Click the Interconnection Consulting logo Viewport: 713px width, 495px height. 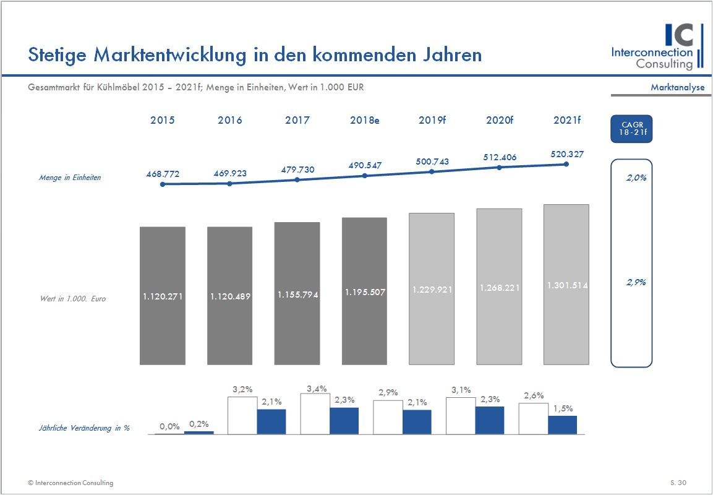[x=656, y=47]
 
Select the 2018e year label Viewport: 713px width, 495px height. [x=364, y=121]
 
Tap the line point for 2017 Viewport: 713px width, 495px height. [x=297, y=179]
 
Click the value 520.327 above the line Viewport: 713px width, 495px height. [x=566, y=154]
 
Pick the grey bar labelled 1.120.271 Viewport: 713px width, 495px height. [x=163, y=296]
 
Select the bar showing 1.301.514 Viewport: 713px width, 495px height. [x=566, y=285]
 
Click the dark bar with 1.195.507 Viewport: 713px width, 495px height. [x=364, y=291]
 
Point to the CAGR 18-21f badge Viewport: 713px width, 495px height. [x=631, y=129]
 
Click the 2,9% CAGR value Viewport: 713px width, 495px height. [x=635, y=282]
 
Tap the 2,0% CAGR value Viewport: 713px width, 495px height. [x=636, y=178]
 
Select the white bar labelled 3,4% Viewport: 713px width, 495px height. [x=315, y=414]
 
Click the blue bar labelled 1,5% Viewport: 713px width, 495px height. [x=563, y=425]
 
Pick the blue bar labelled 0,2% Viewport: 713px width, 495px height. [x=199, y=433]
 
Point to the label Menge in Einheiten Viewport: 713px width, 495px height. [x=70, y=178]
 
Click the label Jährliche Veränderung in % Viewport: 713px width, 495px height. [x=84, y=428]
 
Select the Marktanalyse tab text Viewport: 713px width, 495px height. [x=677, y=87]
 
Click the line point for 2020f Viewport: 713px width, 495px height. [x=500, y=167]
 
